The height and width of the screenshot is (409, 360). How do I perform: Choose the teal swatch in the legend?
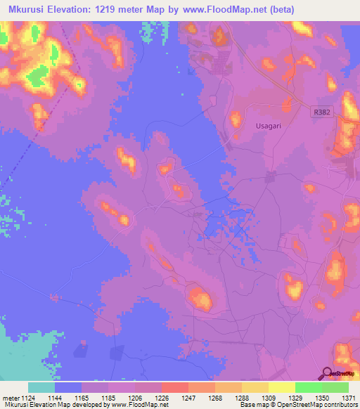tap(41, 387)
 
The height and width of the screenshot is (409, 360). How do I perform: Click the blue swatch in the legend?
tap(67, 387)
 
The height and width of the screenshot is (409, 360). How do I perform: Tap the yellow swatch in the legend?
tap(281, 387)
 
